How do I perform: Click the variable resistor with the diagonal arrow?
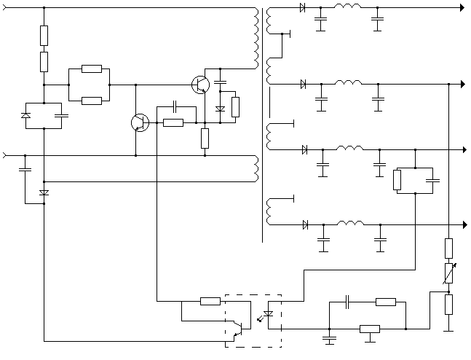[448, 274]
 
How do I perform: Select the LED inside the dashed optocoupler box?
[268, 315]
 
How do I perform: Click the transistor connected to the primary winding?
[200, 85]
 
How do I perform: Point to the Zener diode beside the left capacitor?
[26, 115]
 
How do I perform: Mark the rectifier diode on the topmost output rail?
[302, 8]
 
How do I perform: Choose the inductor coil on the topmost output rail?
[347, 8]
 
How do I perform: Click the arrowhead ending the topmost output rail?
[462, 8]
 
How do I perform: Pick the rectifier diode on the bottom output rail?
[305, 224]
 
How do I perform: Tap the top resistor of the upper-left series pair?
[44, 35]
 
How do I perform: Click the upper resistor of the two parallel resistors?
[92, 69]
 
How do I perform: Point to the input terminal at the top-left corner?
[4, 8]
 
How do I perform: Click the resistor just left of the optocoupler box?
[210, 301]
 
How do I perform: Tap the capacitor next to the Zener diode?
[61, 115]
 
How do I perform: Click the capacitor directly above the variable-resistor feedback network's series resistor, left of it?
[348, 301]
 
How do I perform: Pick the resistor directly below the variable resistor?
[448, 304]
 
